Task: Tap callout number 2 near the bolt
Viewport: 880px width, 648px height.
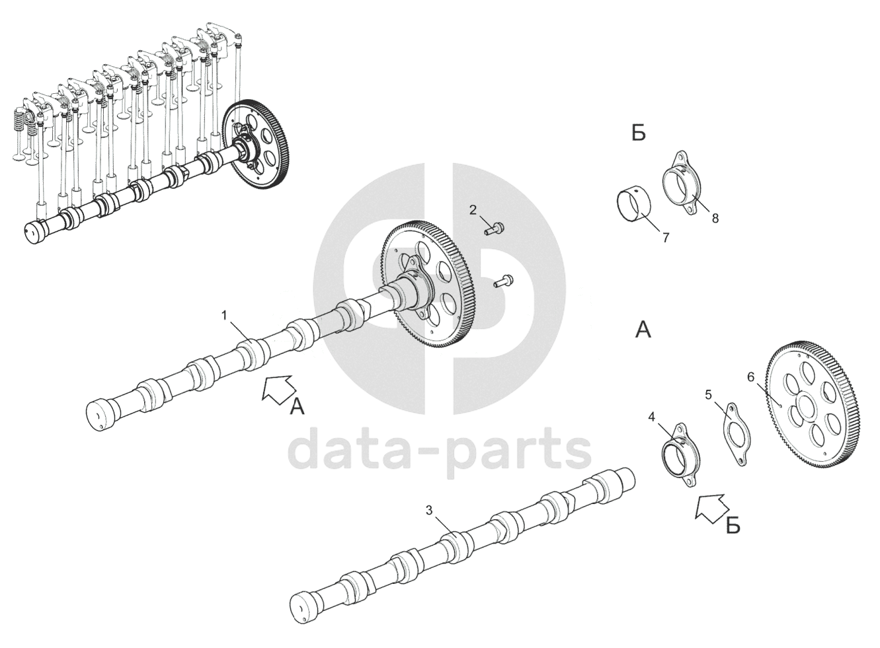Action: [x=473, y=210]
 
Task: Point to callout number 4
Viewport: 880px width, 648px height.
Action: [x=651, y=417]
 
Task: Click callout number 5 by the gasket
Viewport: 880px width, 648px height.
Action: [x=708, y=395]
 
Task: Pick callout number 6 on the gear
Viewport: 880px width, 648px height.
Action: [x=750, y=377]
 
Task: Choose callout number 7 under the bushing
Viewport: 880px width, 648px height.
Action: [x=666, y=238]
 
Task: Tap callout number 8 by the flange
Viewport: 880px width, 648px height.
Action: [x=715, y=217]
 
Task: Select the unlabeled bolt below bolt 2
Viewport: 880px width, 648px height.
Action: [x=504, y=281]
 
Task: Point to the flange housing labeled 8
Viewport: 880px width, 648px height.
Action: [x=682, y=182]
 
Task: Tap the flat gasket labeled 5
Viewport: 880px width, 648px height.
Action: [x=735, y=433]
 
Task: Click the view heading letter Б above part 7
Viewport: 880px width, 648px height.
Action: [x=638, y=133]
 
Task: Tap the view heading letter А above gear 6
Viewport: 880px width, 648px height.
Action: [x=643, y=330]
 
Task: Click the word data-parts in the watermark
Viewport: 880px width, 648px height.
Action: [x=440, y=451]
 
